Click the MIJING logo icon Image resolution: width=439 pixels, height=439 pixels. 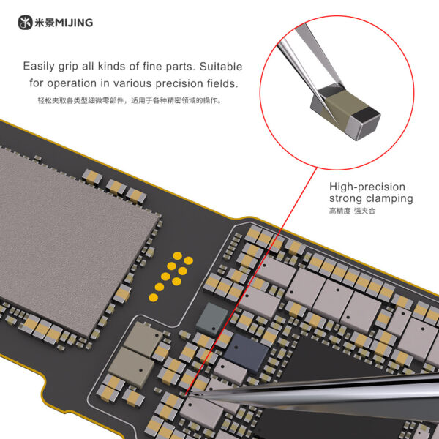pos(25,23)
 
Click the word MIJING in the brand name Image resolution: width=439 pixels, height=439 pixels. pos(74,23)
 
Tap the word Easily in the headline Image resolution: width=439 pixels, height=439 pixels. pos(39,67)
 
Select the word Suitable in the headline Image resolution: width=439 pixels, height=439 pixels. pos(221,67)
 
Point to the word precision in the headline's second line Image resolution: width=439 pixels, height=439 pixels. pos(179,83)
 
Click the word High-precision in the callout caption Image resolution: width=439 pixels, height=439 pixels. pos(367,187)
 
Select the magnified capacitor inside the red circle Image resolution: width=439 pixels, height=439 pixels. pos(345,112)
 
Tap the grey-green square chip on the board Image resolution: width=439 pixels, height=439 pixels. pos(212,318)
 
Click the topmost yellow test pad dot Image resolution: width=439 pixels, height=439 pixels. pos(178,256)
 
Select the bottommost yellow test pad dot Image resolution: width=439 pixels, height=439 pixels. pos(153,298)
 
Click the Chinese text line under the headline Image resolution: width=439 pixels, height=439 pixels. pos(130,100)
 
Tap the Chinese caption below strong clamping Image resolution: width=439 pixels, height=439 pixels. pos(352,211)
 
